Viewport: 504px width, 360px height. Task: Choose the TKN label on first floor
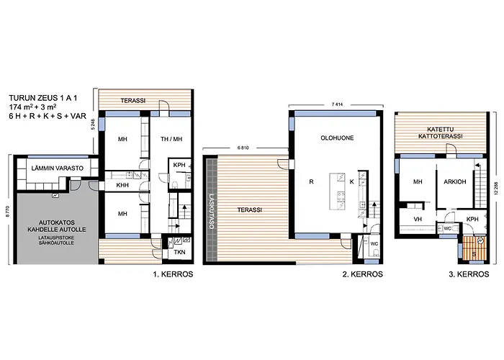click(179, 252)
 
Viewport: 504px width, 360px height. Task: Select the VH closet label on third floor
click(408, 219)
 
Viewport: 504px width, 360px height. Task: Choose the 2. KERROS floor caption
click(357, 275)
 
